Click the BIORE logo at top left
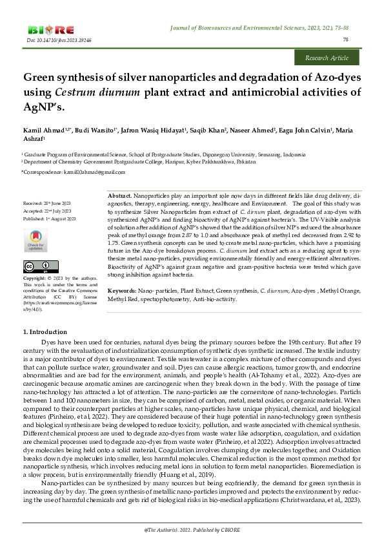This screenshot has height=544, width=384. pyautogui.click(x=51, y=30)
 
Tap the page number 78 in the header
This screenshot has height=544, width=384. pyautogui.click(x=345, y=40)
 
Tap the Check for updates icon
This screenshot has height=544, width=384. pyautogui.click(x=37, y=241)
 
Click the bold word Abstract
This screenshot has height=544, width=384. pyautogui.click(x=119, y=195)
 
